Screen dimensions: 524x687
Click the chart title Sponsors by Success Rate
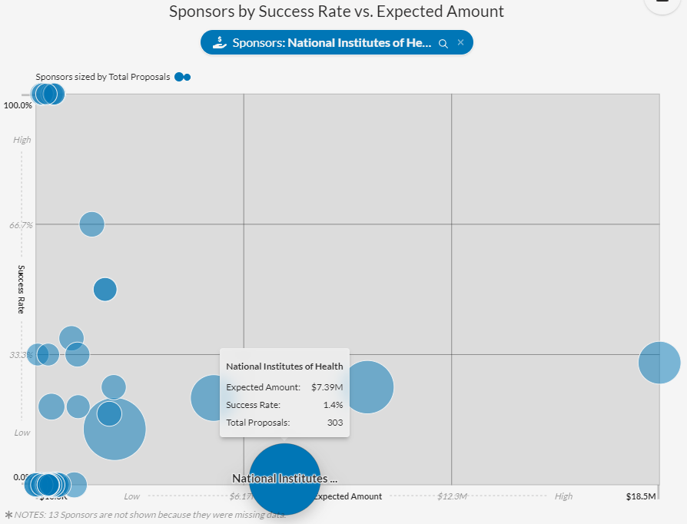[x=337, y=12]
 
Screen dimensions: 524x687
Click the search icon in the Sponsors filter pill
[x=443, y=44]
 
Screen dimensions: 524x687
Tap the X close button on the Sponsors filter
[x=461, y=43]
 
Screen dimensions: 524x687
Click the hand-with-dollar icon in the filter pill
[x=219, y=43]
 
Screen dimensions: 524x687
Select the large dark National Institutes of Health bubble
[x=285, y=478]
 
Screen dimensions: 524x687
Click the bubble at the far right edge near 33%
[x=659, y=362]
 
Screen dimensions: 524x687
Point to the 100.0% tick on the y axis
[x=18, y=104]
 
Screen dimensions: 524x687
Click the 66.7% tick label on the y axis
[x=21, y=225]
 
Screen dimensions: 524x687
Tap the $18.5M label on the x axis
[x=641, y=496]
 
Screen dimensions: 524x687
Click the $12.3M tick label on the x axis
[x=452, y=496]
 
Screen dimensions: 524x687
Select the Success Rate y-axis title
[x=22, y=290]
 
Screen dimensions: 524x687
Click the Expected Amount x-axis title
[x=347, y=496]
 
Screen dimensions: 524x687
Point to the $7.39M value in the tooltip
[x=327, y=387]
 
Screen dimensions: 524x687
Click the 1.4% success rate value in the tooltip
[x=333, y=405]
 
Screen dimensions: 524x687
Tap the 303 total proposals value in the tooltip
[x=335, y=423]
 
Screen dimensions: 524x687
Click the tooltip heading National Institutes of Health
[x=284, y=366]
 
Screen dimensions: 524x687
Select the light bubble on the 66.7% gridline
[x=91, y=224]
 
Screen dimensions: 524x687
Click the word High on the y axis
[x=22, y=140]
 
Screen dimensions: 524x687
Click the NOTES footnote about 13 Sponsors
[x=145, y=514]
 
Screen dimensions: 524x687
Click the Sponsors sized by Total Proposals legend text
[x=103, y=77]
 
